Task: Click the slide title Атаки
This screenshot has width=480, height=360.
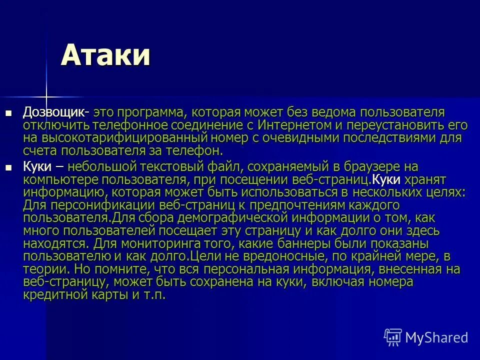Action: point(105,55)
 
